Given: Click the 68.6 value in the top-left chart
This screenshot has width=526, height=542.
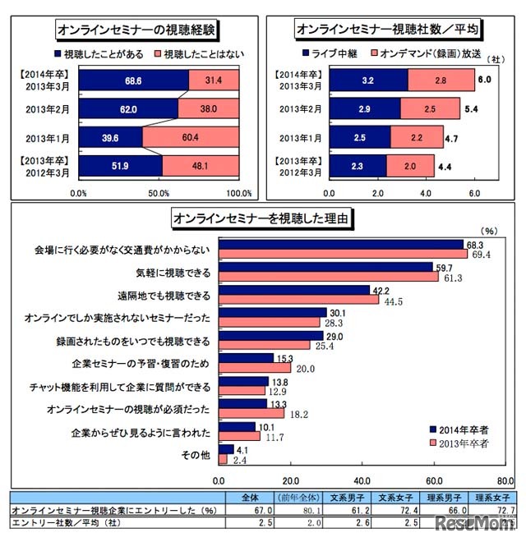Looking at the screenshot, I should pos(127,80).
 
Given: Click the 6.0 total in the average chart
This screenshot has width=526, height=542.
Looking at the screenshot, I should pos(485,80).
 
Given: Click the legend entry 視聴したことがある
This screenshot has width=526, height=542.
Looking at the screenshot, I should pos(98,53).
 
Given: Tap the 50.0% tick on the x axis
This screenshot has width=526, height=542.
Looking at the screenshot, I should pos(159,193).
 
